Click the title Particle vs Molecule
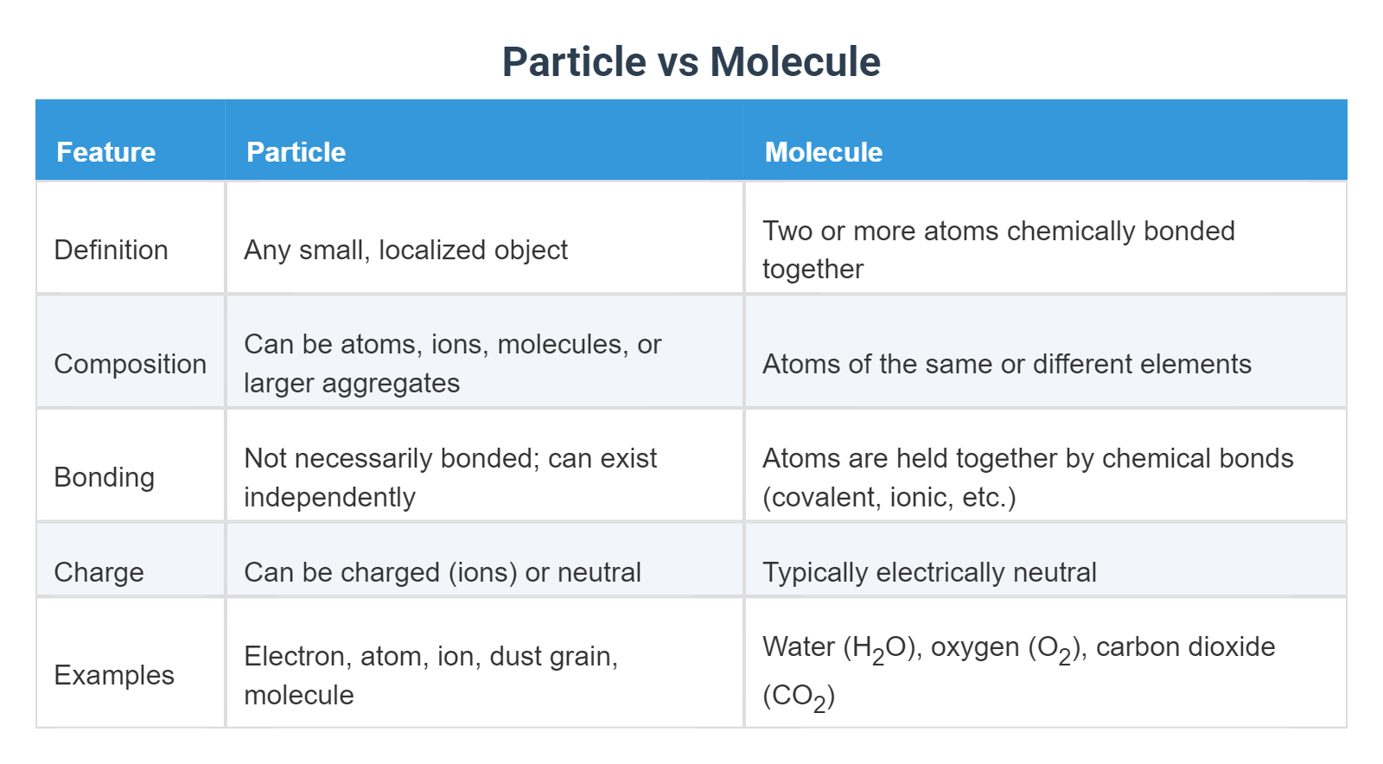click(x=691, y=62)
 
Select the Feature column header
click(x=105, y=152)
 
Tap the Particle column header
click(x=296, y=152)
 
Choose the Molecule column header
click(x=823, y=152)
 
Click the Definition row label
click(x=111, y=250)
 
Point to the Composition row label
click(x=130, y=364)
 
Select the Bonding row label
click(x=104, y=477)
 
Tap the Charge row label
click(x=99, y=572)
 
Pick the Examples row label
click(x=114, y=675)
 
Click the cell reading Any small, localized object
click(x=405, y=250)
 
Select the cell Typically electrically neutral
click(x=929, y=572)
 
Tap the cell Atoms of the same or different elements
click(x=1006, y=364)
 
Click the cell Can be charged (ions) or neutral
click(x=442, y=572)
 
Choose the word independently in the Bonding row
click(x=329, y=497)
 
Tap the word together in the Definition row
click(x=813, y=270)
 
